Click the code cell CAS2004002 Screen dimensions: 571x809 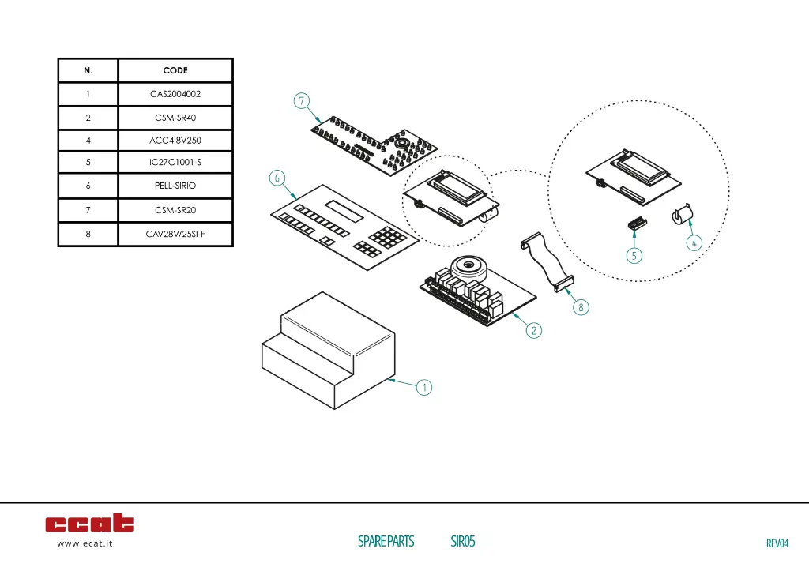tap(175, 94)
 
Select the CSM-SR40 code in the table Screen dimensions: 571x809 tap(175, 118)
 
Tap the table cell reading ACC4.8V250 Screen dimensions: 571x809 tap(175, 141)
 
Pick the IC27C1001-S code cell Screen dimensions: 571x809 tap(175, 163)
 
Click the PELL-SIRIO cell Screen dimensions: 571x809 tap(175, 186)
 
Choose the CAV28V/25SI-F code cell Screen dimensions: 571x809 tap(175, 234)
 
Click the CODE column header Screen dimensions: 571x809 tap(175, 70)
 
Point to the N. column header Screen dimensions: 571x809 tap(88, 70)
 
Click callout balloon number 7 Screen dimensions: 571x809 tap(301, 100)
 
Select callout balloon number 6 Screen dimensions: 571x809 tap(277, 178)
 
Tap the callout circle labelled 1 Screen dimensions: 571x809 tap(424, 387)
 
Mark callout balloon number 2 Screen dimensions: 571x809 tap(535, 330)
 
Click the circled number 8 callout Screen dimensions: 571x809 tap(581, 307)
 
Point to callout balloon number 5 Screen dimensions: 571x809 tap(634, 255)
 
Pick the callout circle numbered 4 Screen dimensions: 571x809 tap(693, 243)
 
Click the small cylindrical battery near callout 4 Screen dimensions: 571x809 tap(682, 216)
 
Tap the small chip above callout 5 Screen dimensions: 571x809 tap(635, 225)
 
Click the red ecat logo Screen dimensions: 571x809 tap(89, 523)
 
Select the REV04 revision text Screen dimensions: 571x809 tap(777, 543)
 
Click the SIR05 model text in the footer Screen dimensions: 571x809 tap(462, 541)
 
